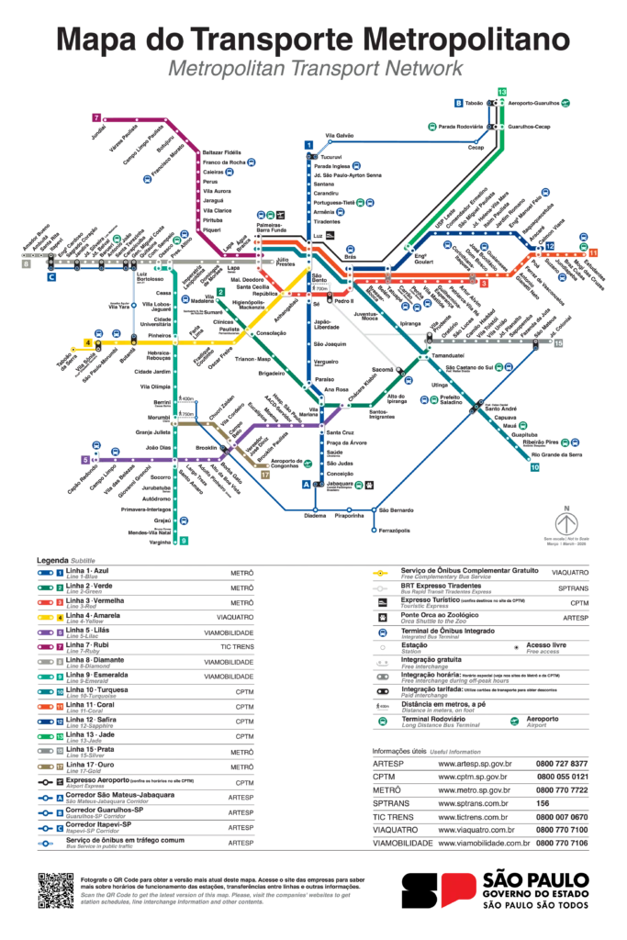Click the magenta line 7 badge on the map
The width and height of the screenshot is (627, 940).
coord(96,117)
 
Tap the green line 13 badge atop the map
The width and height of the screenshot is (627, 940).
coord(502,91)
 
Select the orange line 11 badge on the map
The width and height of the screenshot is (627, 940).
coord(594,252)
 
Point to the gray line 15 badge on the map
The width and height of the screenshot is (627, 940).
coord(557,342)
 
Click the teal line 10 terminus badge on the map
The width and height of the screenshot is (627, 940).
coord(535,467)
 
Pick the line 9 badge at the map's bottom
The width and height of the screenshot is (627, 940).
coord(185,542)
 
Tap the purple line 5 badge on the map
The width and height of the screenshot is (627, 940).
coord(85,459)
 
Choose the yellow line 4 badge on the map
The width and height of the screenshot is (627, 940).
coord(89,342)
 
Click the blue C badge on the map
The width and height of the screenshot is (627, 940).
coord(51,276)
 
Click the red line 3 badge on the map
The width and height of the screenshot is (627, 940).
coord(484,284)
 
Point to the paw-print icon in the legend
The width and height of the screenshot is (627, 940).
coord(380,620)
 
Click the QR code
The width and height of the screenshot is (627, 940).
coord(58,888)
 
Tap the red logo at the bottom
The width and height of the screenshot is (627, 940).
coord(458,890)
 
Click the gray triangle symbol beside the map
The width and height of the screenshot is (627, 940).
coord(564,525)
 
